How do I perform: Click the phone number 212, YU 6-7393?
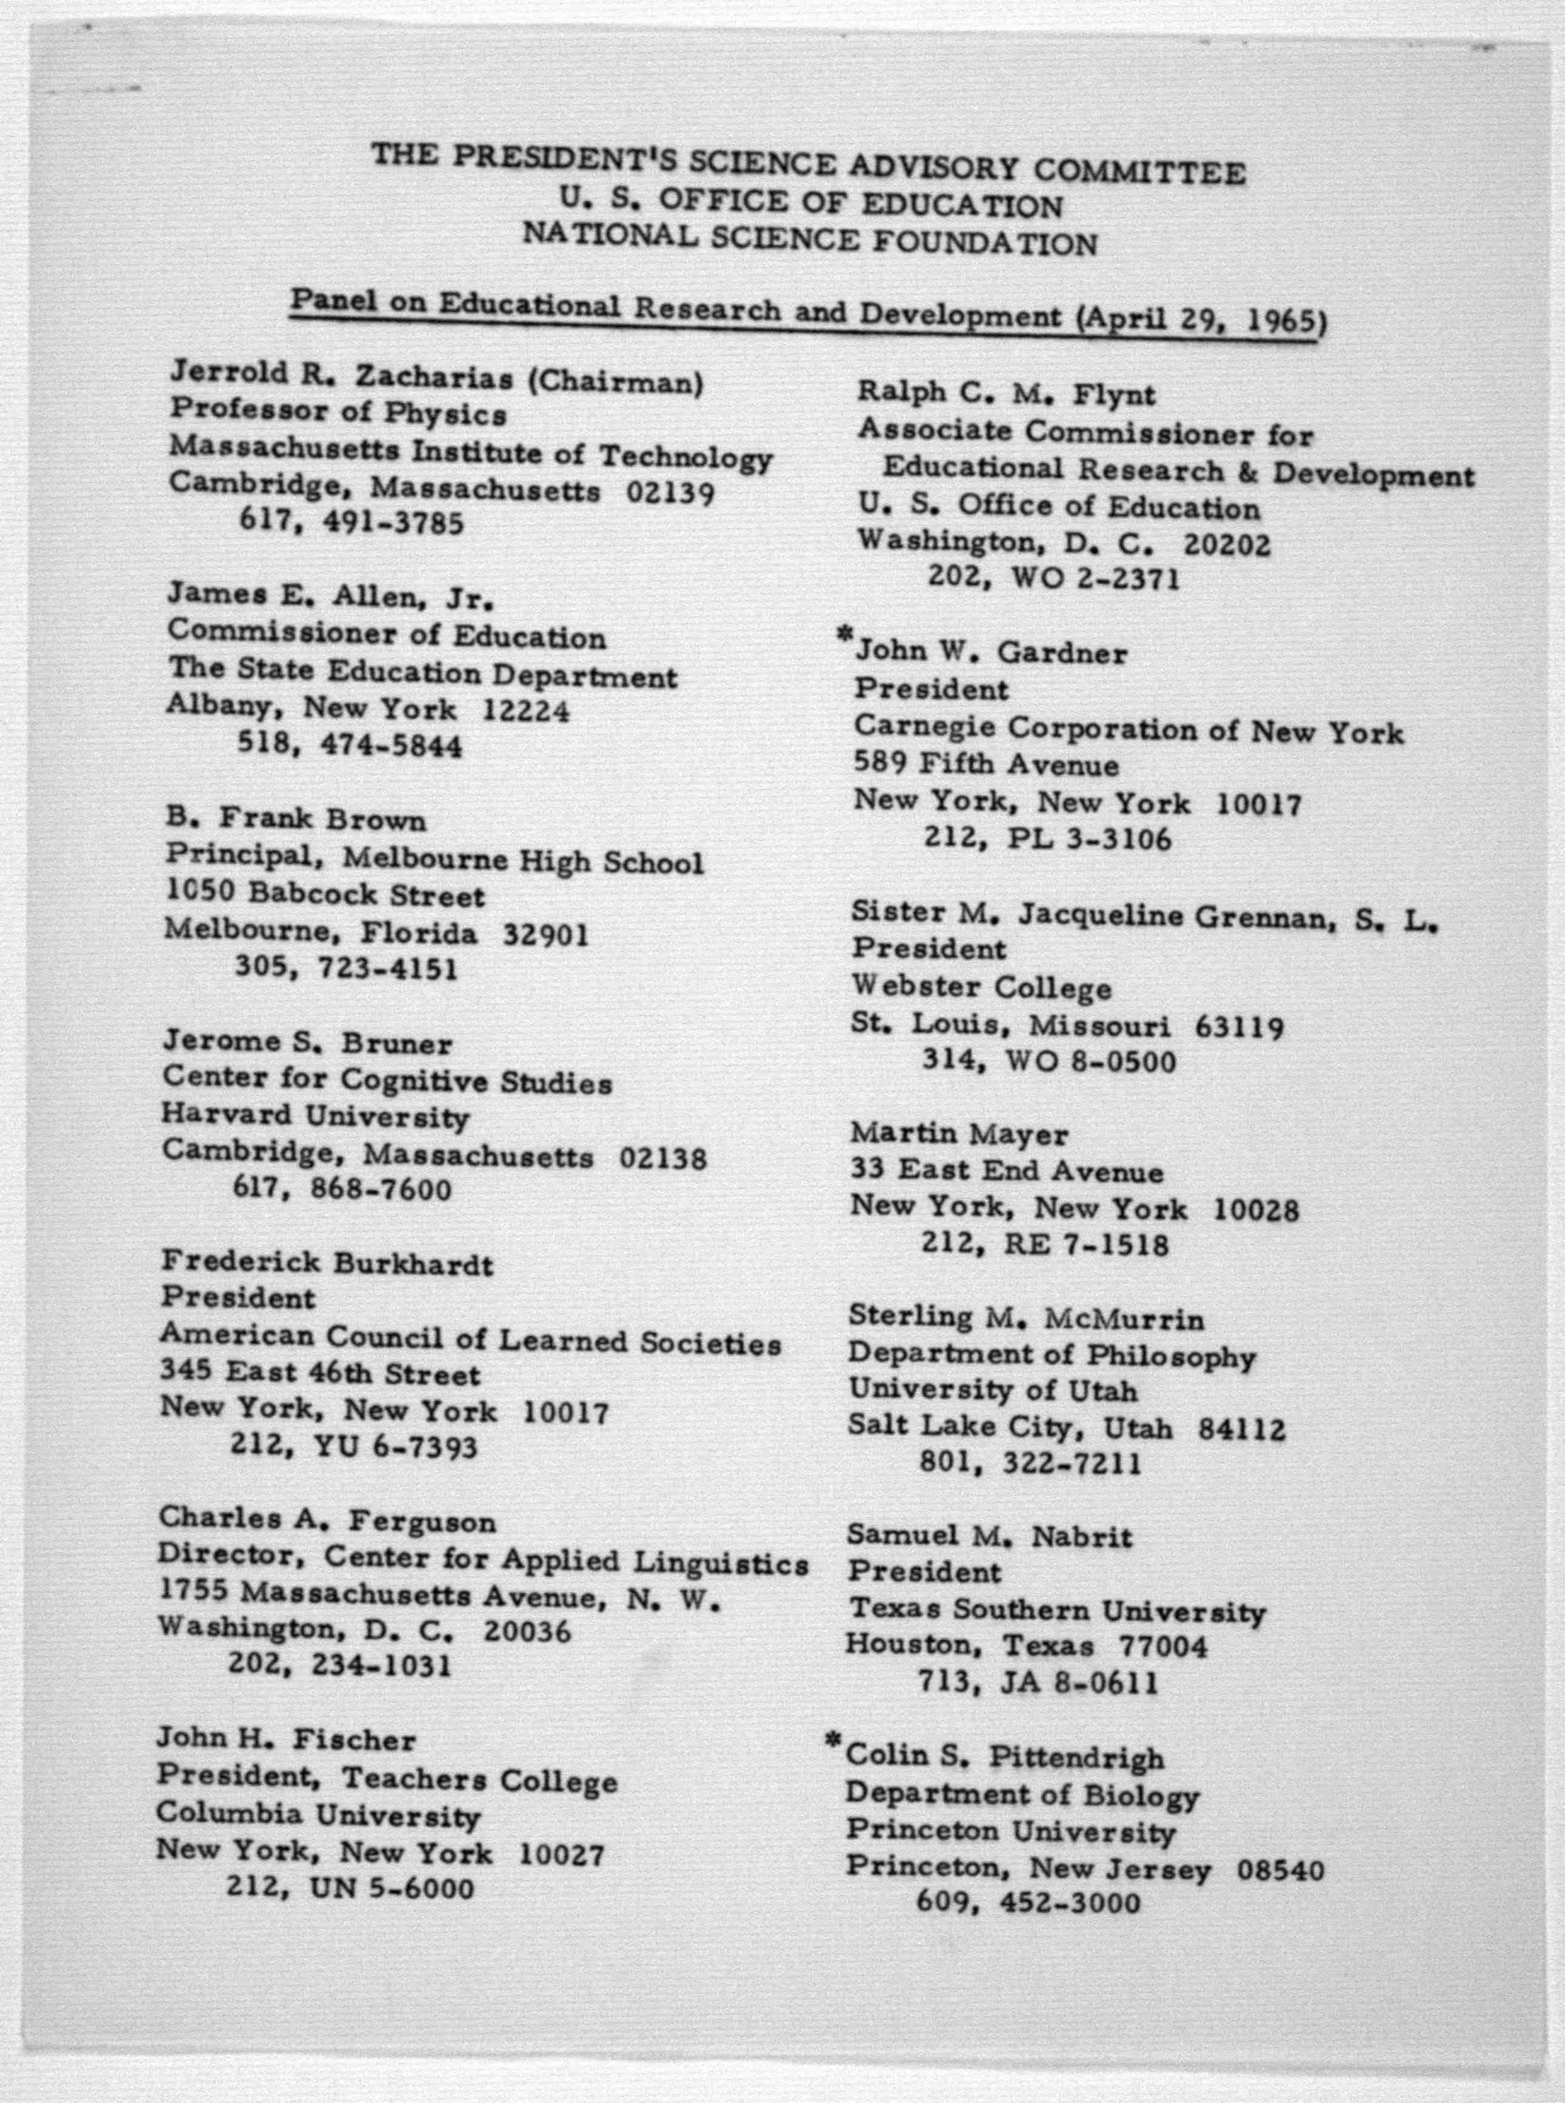[x=353, y=1446]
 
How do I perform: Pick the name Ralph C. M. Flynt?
[x=1006, y=394]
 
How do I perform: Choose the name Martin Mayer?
[x=959, y=1134]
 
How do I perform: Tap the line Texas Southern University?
[x=1055, y=1610]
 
